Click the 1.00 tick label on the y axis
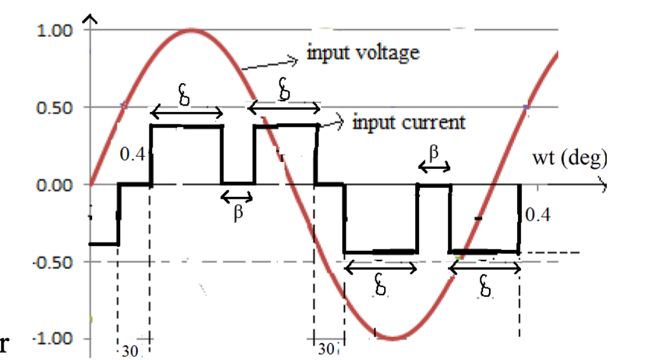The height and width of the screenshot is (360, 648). point(56,30)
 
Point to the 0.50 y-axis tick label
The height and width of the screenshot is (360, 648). point(56,107)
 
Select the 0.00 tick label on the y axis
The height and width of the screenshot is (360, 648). point(56,185)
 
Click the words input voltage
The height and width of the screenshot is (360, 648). point(363,52)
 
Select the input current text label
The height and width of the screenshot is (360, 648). point(409,122)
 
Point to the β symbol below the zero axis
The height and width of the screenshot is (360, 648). point(237,212)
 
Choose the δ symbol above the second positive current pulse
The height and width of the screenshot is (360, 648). point(284,91)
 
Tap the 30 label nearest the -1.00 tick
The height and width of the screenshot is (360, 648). point(130,351)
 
